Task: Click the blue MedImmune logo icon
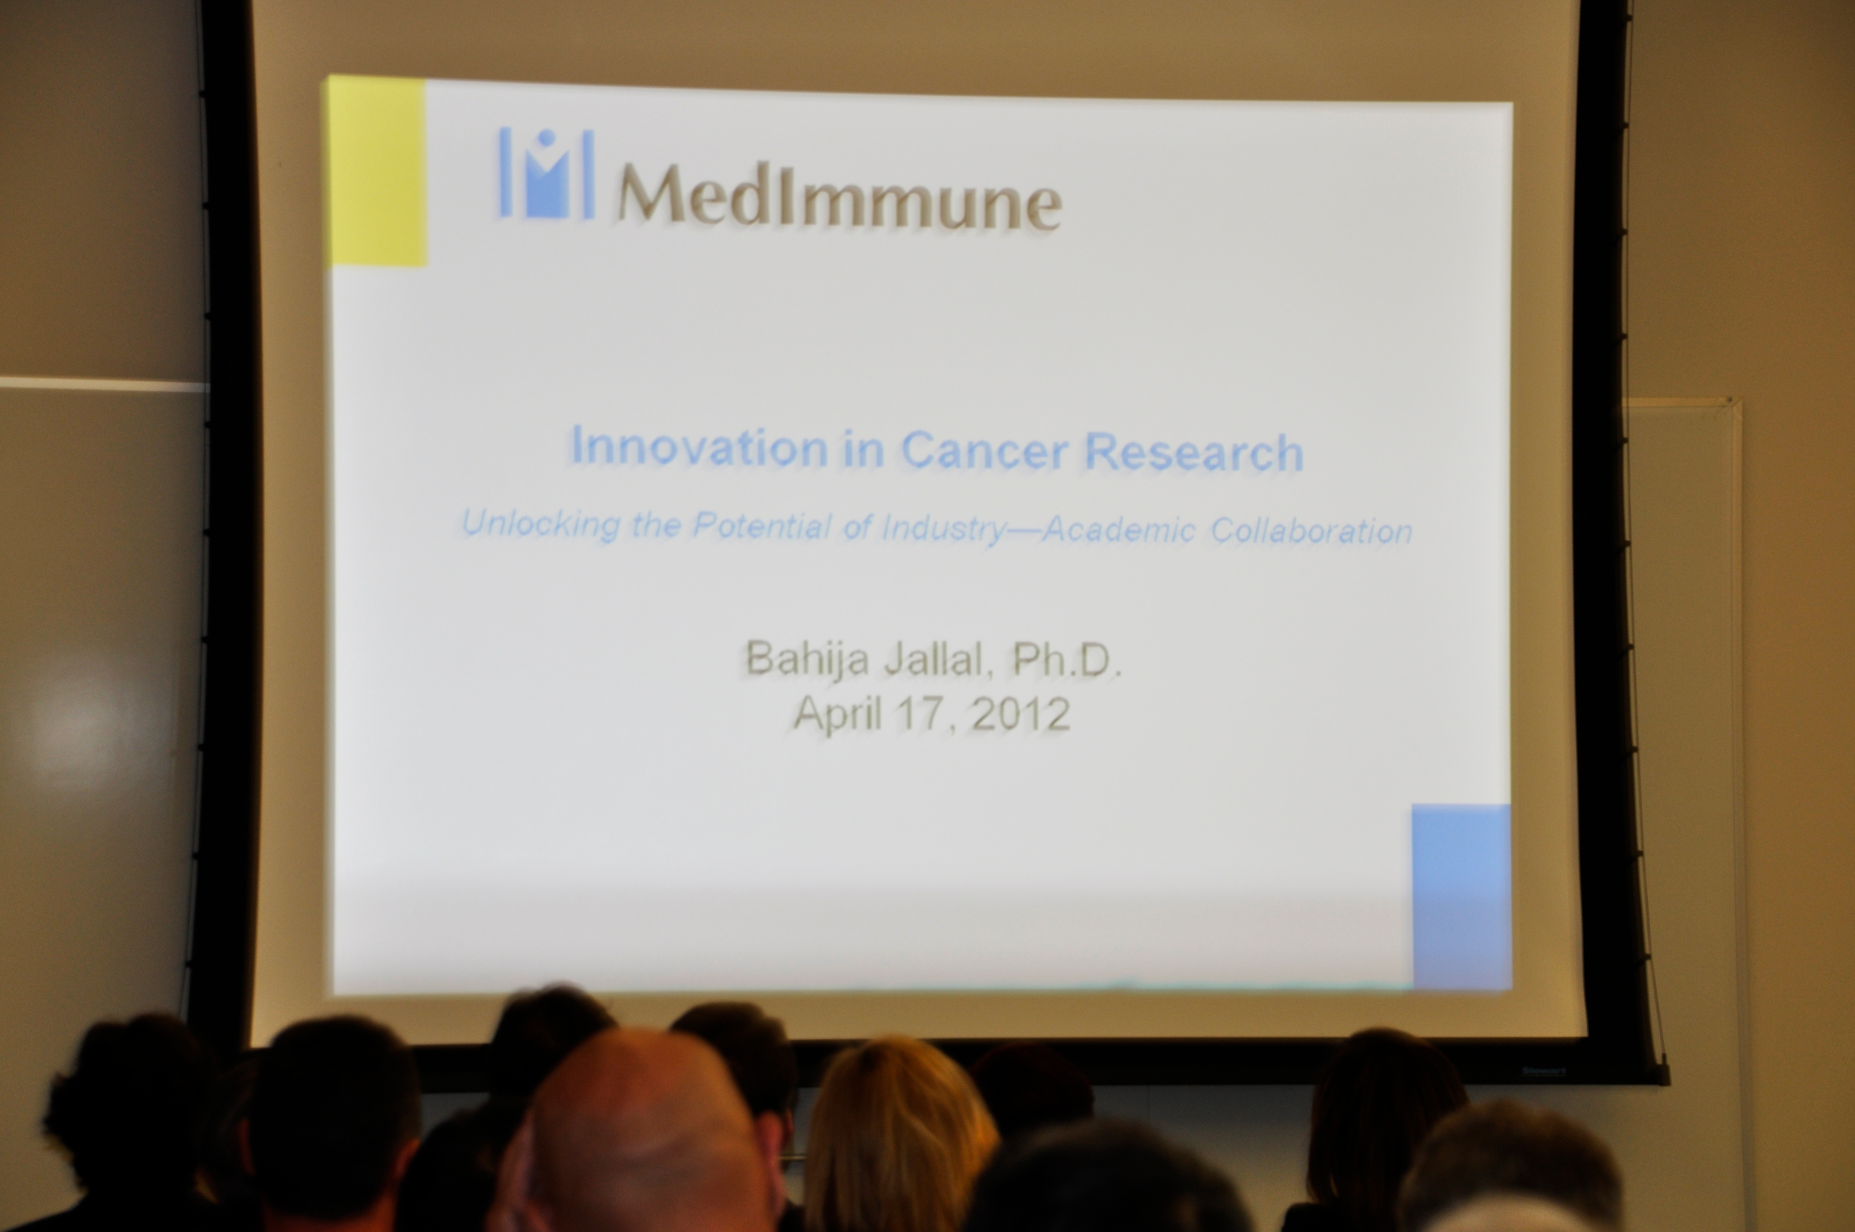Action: pyautogui.click(x=546, y=173)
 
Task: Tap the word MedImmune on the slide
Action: pyautogui.click(x=839, y=197)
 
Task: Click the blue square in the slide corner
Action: pyautogui.click(x=1461, y=896)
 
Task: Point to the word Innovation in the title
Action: pyautogui.click(x=699, y=446)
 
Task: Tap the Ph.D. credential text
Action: pyautogui.click(x=1066, y=660)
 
